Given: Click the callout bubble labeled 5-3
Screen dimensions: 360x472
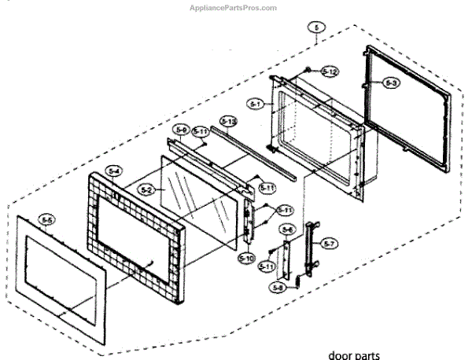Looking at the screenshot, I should pyautogui.click(x=393, y=82).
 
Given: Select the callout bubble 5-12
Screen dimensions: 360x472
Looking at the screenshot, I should pyautogui.click(x=330, y=72).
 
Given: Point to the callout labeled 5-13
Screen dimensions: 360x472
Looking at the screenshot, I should pyautogui.click(x=228, y=121).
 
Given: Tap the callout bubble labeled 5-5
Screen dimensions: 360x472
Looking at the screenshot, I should pyautogui.click(x=47, y=220).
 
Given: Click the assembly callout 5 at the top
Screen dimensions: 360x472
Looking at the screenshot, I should pyautogui.click(x=315, y=28).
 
